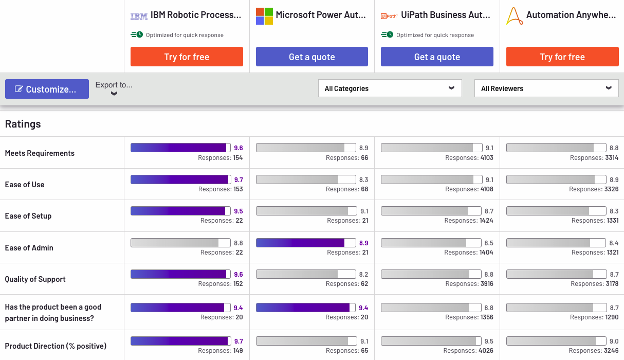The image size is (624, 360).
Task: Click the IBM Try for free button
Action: coord(187,57)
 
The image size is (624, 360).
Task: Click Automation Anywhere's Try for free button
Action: coord(562,57)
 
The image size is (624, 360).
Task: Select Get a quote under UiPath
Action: coord(437,57)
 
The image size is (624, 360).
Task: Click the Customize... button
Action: coord(47,89)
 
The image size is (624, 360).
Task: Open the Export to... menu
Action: coord(114,88)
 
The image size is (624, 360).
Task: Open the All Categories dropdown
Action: coord(390,88)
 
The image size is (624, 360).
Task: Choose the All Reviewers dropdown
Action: coord(546,88)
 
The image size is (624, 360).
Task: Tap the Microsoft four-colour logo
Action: coord(264,16)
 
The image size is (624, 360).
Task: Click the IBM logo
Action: coord(139,16)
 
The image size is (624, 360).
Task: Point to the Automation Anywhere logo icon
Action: coord(515,16)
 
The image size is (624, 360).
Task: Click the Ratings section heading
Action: coord(23,124)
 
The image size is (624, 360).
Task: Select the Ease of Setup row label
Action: coord(28,216)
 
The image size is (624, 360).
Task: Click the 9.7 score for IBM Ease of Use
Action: coord(238,179)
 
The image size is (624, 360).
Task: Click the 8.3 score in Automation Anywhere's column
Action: coord(614,211)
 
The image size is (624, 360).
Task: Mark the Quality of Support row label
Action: coord(35,279)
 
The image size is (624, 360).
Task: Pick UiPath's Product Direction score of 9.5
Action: coord(488,341)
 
